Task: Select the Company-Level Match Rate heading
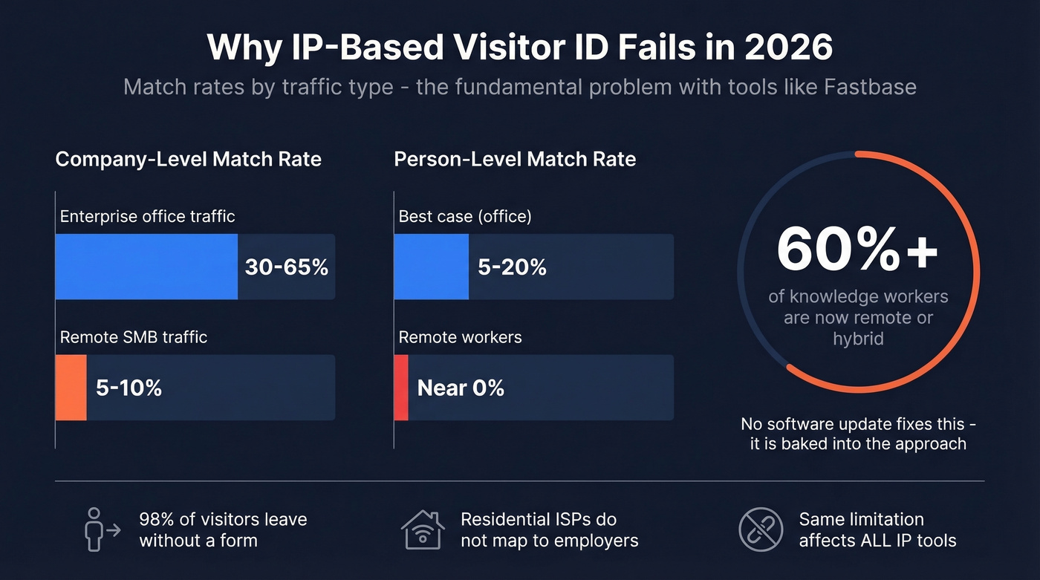pos(188,159)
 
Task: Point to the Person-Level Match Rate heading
pos(515,159)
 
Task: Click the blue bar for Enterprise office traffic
pos(146,267)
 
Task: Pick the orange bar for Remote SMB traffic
pos(71,388)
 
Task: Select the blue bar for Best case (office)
pos(431,267)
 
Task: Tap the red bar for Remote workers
pos(401,388)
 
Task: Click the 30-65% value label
pos(286,267)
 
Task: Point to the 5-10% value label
pos(129,388)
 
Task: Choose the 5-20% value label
pos(512,267)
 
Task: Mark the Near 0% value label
pos(461,388)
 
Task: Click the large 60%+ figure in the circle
pos(858,250)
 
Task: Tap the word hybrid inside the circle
pos(858,339)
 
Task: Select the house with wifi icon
pos(422,530)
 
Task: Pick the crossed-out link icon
pos(761,530)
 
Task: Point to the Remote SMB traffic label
pos(133,337)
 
